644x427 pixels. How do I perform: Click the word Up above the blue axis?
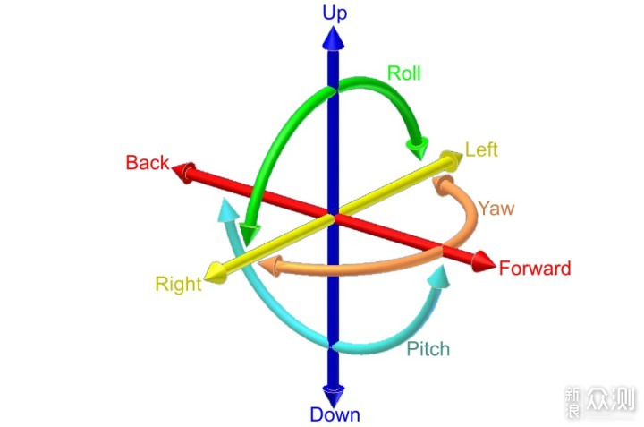point(335,13)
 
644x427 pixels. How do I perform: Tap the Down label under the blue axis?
point(335,414)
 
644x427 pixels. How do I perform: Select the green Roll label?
point(404,73)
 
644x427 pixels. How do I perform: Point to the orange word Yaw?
point(496,208)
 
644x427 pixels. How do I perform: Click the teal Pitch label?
point(428,349)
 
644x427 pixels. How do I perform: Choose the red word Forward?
point(535,269)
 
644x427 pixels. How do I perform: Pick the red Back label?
point(148,162)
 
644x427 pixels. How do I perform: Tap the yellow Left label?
point(481,149)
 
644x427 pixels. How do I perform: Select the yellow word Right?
point(178,284)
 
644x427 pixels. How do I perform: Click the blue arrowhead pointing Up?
point(333,38)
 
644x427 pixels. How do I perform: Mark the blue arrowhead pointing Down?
point(333,396)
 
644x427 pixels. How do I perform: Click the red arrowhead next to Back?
point(183,172)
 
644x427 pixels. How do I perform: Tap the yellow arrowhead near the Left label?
point(451,161)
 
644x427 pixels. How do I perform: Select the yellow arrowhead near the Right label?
point(216,273)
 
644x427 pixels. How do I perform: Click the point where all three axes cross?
point(333,216)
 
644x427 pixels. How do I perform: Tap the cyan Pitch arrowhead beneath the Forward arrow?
point(438,277)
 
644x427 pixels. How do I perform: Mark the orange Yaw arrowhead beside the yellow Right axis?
point(271,266)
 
